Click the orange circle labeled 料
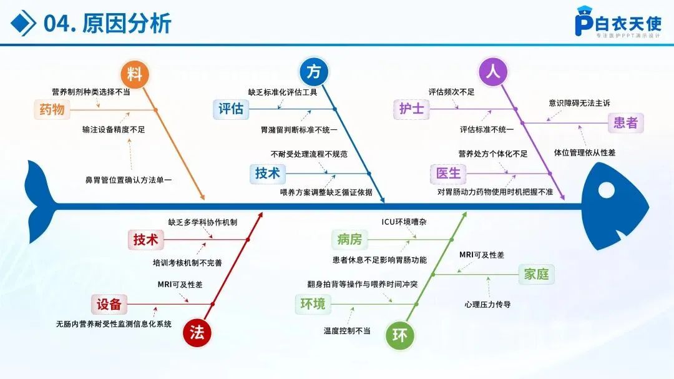(135, 74)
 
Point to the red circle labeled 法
(197, 332)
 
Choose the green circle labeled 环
(399, 336)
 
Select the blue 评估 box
(230, 109)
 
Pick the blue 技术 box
(267, 173)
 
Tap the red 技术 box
(145, 239)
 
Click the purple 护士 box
(412, 109)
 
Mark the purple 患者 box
(626, 123)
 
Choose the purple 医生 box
(448, 173)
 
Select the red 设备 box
(109, 304)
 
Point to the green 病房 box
(349, 239)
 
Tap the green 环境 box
(313, 304)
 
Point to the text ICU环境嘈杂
(404, 222)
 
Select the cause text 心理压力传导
(487, 305)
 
